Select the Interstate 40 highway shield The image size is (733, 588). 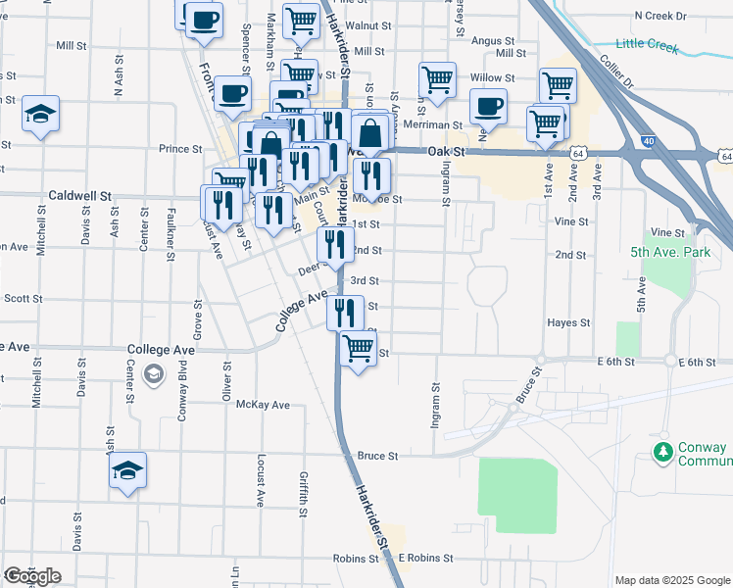tap(650, 142)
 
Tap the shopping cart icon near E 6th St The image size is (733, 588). tap(359, 348)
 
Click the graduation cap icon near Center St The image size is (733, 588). tap(127, 470)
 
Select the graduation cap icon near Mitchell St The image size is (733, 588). tap(40, 114)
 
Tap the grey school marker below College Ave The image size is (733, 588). tap(154, 373)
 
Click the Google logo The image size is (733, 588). tap(32, 575)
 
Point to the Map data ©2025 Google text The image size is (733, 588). tap(671, 580)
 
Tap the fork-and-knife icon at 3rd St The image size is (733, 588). tap(344, 312)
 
